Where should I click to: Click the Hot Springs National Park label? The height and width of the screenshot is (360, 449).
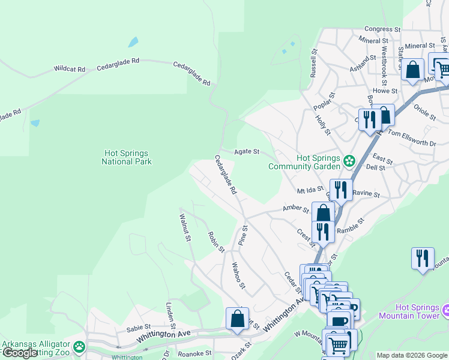(x=126, y=157)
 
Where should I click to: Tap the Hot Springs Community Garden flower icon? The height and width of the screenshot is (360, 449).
(x=349, y=161)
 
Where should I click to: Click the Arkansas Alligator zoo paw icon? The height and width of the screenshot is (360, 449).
(x=79, y=346)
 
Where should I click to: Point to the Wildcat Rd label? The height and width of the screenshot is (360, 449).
(x=70, y=69)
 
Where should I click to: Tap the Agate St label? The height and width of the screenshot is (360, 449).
(x=247, y=152)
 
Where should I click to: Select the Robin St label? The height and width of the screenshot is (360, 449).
(x=216, y=242)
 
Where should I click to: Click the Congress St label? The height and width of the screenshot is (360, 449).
(x=382, y=29)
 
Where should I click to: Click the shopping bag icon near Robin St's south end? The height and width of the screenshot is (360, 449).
(x=237, y=319)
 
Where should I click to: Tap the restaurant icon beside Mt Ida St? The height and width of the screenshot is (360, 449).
(x=340, y=190)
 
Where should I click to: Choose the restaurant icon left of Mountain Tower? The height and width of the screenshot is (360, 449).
(x=423, y=258)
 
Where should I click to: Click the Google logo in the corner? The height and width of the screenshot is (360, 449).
(x=20, y=353)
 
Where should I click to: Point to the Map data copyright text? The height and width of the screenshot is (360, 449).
(x=411, y=355)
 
